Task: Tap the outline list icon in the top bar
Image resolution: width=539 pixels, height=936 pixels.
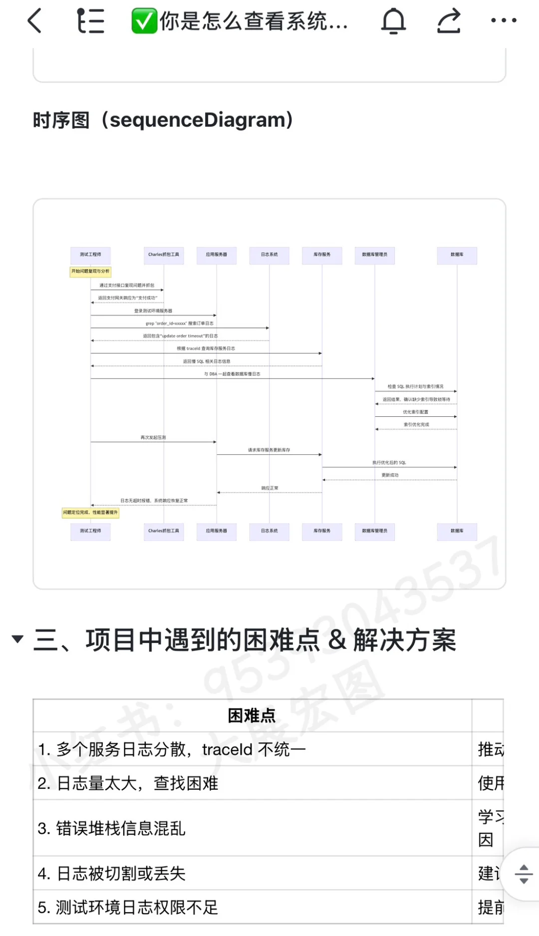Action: pos(91,21)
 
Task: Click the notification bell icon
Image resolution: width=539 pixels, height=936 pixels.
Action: pos(394,21)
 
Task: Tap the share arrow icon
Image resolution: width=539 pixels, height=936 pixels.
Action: pos(449,21)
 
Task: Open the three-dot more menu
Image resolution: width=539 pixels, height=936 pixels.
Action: pos(504,20)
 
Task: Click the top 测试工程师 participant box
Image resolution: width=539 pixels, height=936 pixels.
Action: pos(90,255)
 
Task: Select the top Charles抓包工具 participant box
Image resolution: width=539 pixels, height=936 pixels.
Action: pos(164,255)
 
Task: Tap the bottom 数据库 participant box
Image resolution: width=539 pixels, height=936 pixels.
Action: pos(457,531)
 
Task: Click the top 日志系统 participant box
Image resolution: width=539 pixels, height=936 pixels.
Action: pos(269,255)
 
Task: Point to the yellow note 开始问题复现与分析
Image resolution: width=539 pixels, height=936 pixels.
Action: pos(90,272)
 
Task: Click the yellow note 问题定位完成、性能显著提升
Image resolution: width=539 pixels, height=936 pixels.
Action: pos(90,513)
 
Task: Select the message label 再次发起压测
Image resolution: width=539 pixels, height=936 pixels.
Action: pos(153,438)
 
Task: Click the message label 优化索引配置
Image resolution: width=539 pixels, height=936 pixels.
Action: pos(416,412)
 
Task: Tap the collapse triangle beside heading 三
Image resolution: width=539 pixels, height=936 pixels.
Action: pos(17,639)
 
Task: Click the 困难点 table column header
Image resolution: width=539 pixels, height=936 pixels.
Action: pos(252,715)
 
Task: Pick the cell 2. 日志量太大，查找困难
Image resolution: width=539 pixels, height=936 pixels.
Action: pos(128,783)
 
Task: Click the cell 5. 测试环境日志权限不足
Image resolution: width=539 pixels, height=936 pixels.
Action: pos(128,908)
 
